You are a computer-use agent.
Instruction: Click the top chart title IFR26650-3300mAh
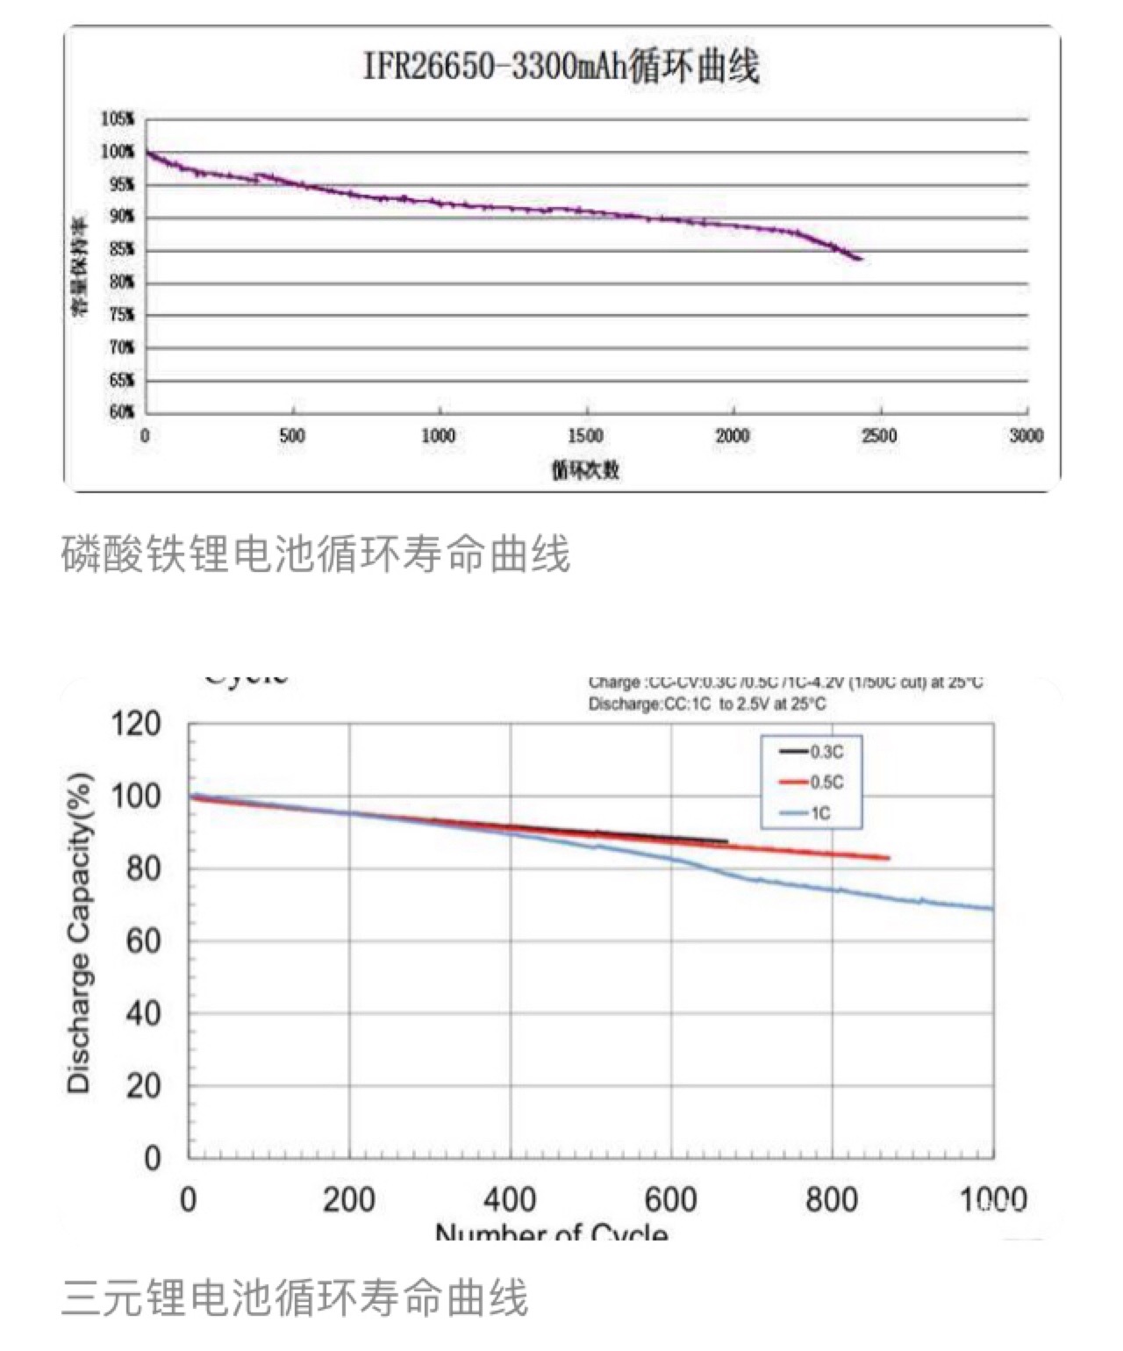coord(561,67)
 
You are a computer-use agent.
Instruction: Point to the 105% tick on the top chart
coord(118,119)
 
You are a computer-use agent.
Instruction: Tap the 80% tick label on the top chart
coord(121,282)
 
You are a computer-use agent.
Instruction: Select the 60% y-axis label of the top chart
coord(121,412)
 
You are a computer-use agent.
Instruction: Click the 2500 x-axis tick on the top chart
coord(879,436)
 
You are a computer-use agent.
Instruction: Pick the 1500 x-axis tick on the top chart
coord(585,436)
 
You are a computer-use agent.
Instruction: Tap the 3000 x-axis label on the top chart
coord(1026,436)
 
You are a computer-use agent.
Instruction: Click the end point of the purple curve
coord(861,259)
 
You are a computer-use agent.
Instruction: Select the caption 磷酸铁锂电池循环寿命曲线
coord(316,554)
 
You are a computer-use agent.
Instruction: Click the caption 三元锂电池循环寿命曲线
coord(295,1298)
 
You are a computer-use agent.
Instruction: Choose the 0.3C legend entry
coord(812,752)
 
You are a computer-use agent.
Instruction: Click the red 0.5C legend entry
coord(812,783)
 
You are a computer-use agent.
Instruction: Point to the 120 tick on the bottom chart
coord(137,725)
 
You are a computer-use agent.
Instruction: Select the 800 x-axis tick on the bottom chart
coord(831,1199)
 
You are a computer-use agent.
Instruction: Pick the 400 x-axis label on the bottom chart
coord(510,1199)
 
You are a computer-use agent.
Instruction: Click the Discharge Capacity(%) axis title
coord(79,932)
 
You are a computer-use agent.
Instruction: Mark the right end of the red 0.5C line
coord(890,858)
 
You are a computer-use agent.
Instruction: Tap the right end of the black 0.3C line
coord(726,841)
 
